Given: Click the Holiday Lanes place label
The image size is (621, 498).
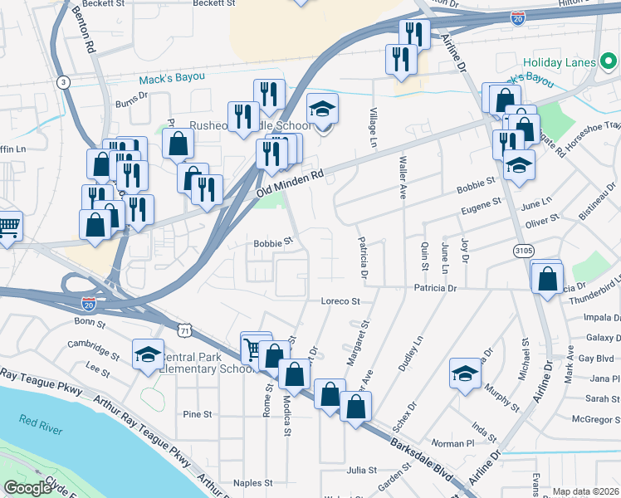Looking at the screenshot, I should point(561,63).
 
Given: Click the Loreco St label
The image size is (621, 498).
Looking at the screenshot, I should point(340,301).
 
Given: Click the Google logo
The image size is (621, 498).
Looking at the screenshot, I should point(27,488).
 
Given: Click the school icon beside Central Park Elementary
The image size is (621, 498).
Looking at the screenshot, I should point(147,354).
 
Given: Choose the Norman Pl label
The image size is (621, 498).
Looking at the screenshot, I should point(452,443).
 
